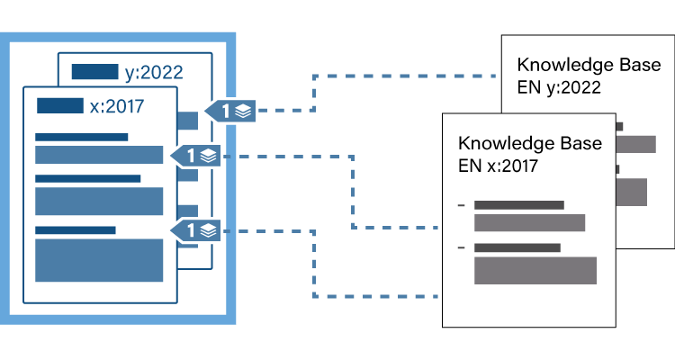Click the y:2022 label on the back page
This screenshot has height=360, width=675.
coord(154,72)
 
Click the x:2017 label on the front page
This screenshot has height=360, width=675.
coord(117,106)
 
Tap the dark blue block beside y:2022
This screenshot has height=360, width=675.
coord(94,72)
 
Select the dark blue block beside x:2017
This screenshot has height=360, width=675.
coord(59,106)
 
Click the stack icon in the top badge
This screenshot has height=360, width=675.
coord(242,111)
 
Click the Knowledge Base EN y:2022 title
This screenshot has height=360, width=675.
coord(589,76)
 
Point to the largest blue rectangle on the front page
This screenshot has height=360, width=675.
coord(99,260)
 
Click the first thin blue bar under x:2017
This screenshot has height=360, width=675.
coord(82,138)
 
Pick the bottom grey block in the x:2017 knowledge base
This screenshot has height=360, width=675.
coord(535,270)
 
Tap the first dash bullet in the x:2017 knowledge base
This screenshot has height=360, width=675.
coord(461,206)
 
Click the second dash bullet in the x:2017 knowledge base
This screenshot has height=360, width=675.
coord(461,247)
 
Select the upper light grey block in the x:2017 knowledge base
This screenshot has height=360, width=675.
coord(529,222)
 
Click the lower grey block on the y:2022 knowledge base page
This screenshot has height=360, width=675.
coord(633,192)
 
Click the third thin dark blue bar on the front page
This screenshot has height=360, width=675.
coord(76,230)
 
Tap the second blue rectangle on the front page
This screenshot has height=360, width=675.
coord(99,202)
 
